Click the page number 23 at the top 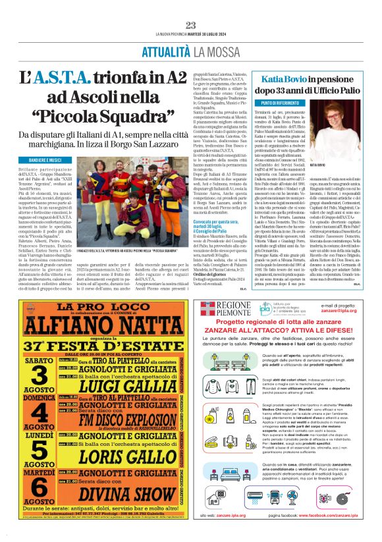coord(191,25)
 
